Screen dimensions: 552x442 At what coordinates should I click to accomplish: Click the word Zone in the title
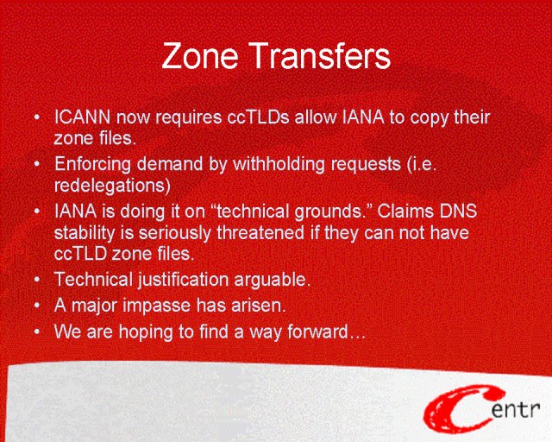pyautogui.click(x=200, y=56)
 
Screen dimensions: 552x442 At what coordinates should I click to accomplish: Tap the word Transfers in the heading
pyautogui.click(x=321, y=56)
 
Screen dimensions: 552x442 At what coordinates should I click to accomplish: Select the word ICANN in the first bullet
pyautogui.click(x=83, y=117)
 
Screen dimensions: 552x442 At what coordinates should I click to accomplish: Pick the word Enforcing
pyautogui.click(x=92, y=165)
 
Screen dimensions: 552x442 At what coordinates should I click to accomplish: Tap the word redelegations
pyautogui.click(x=112, y=186)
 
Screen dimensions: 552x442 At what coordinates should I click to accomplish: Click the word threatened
pyautogui.click(x=260, y=232)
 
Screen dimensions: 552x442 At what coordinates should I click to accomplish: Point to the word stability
pyautogui.click(x=85, y=233)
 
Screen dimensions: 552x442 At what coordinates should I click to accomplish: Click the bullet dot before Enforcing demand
pyautogui.click(x=37, y=165)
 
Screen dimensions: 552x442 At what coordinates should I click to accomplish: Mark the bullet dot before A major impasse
pyautogui.click(x=37, y=306)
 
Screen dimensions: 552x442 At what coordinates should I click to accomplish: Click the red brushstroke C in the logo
pyautogui.click(x=458, y=411)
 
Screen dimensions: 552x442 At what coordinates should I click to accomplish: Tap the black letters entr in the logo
pyautogui.click(x=516, y=410)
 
